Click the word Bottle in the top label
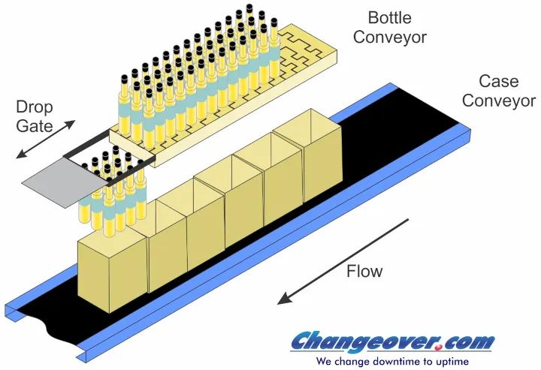[389, 17]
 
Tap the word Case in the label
[499, 82]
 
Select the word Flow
[364, 271]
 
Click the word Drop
[34, 108]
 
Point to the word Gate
[34, 126]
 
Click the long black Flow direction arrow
[343, 262]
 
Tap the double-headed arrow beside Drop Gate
[46, 139]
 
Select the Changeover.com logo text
[392, 341]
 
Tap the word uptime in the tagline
[452, 362]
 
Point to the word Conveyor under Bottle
[390, 38]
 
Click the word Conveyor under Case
[499, 101]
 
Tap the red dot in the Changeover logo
[438, 348]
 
